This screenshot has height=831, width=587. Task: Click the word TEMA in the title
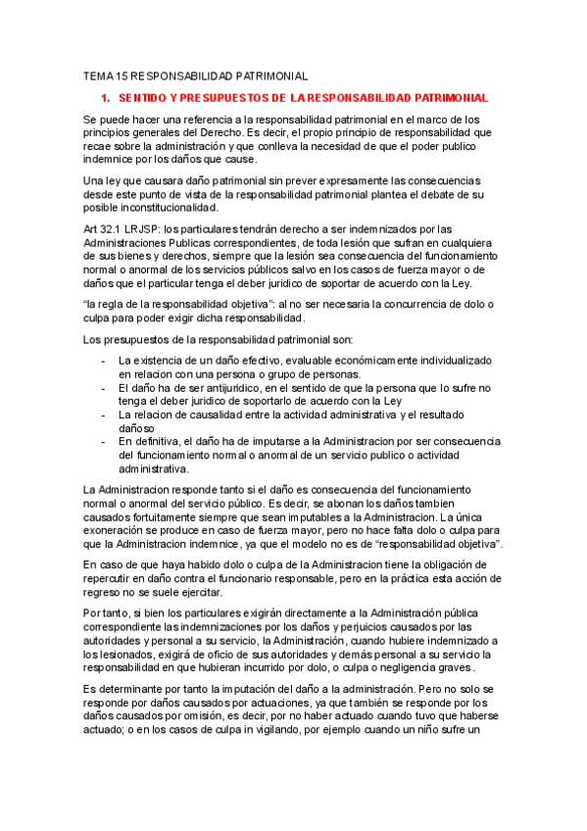pos(98,75)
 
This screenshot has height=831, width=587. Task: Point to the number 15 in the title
pos(122,75)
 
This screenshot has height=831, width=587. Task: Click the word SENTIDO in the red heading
pos(141,99)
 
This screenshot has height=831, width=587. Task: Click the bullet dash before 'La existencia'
pos(104,361)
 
